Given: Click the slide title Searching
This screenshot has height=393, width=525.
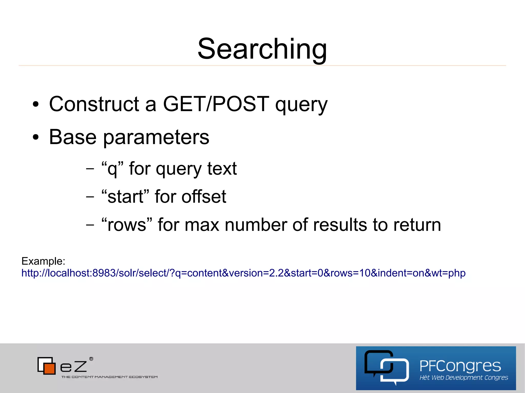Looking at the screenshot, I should coord(262,49).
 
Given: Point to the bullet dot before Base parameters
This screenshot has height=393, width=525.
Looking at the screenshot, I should coord(36,137).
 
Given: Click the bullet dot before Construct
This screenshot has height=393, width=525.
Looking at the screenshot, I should coord(36,104).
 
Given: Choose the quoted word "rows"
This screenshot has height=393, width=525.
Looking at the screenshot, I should coord(127,225).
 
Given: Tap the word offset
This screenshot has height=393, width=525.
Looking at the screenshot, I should coord(204,197).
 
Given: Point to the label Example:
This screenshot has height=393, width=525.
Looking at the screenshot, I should coord(43,261).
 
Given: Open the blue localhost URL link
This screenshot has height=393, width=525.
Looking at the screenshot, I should coord(243,273).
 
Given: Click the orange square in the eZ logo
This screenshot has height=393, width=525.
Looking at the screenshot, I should coord(49,368).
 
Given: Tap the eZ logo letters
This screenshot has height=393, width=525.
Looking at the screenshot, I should coord(73,367).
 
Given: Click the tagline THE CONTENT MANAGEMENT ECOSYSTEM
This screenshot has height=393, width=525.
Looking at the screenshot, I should coord(109,377).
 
